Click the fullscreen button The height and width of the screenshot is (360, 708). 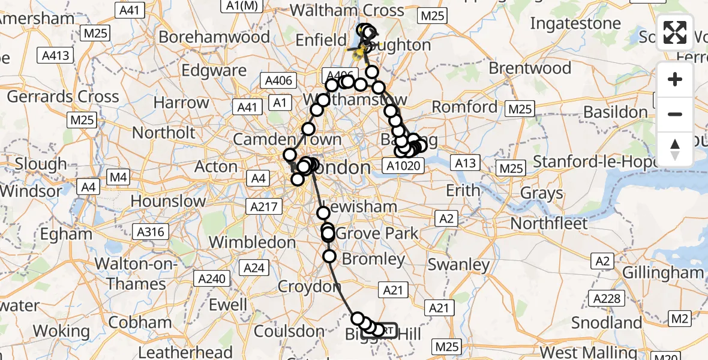675,33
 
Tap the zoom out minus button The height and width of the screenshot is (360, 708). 675,114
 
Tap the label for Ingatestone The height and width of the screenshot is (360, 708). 575,24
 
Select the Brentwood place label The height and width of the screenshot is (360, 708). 530,68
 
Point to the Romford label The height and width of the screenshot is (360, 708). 465,107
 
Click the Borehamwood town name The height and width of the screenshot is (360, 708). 214,37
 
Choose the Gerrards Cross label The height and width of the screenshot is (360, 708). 63,97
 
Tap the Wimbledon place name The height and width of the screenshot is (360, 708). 252,242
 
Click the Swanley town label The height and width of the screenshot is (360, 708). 458,265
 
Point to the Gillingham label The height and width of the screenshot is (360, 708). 662,272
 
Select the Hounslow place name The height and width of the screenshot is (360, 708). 168,200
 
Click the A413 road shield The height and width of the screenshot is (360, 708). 56,56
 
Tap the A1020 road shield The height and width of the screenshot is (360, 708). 403,164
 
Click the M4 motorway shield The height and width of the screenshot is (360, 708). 118,177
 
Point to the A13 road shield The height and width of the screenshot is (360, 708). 465,163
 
